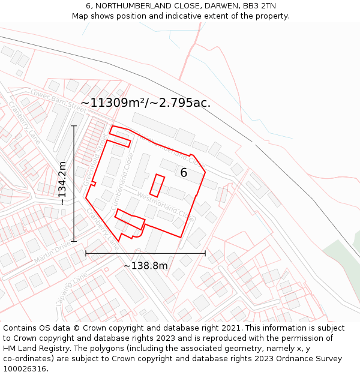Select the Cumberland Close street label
click(122, 181)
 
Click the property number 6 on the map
click(184, 173)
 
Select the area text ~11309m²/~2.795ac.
click(145, 103)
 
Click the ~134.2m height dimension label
click(62, 183)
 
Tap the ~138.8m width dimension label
click(145, 265)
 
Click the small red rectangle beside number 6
click(157, 185)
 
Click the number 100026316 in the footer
click(26, 369)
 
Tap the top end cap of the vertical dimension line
click(74, 126)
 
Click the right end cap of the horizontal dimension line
click(205, 253)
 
